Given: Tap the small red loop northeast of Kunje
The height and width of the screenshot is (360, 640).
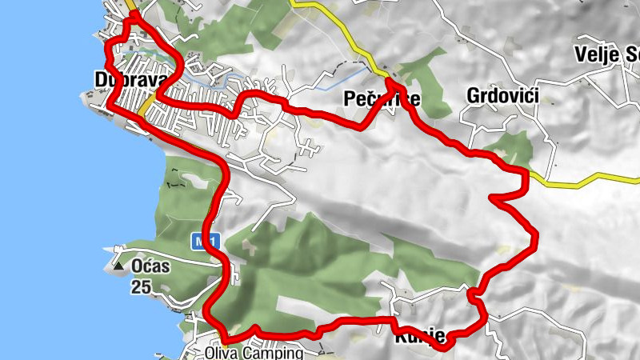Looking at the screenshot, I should tap(476, 298).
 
